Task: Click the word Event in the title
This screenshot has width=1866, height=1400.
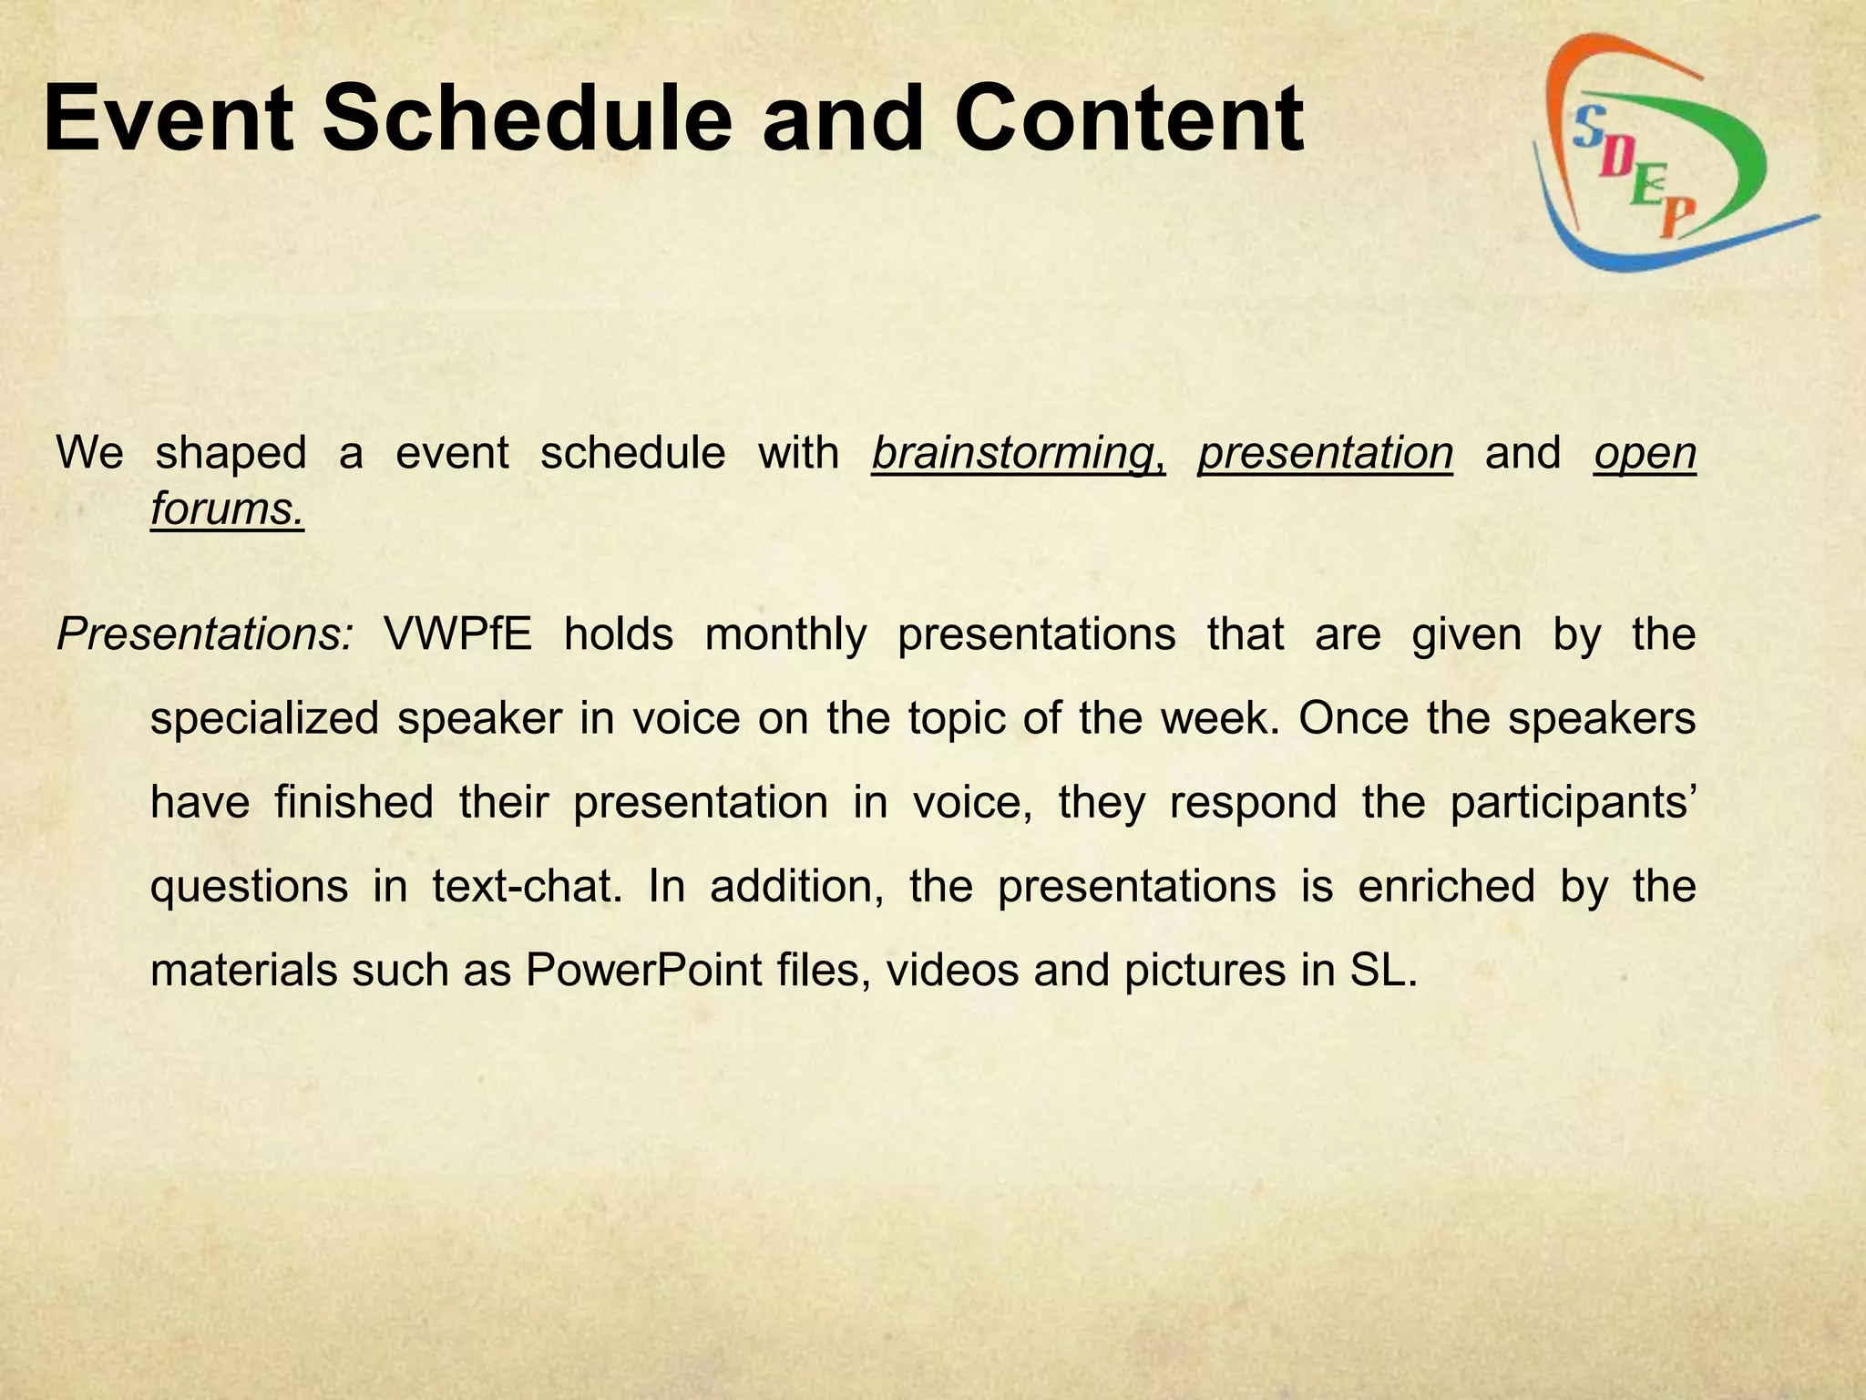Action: coord(169,118)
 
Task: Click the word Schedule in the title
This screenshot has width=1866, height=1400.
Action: coord(528,118)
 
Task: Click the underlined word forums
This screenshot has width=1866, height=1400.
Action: coord(227,508)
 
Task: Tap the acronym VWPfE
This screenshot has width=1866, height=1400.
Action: coord(457,633)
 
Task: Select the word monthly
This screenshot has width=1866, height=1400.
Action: coord(785,635)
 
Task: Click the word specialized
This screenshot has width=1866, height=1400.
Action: coord(264,719)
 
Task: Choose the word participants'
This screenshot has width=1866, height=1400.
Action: coord(1572,803)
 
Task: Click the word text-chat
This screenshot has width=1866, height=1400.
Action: coord(527,887)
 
